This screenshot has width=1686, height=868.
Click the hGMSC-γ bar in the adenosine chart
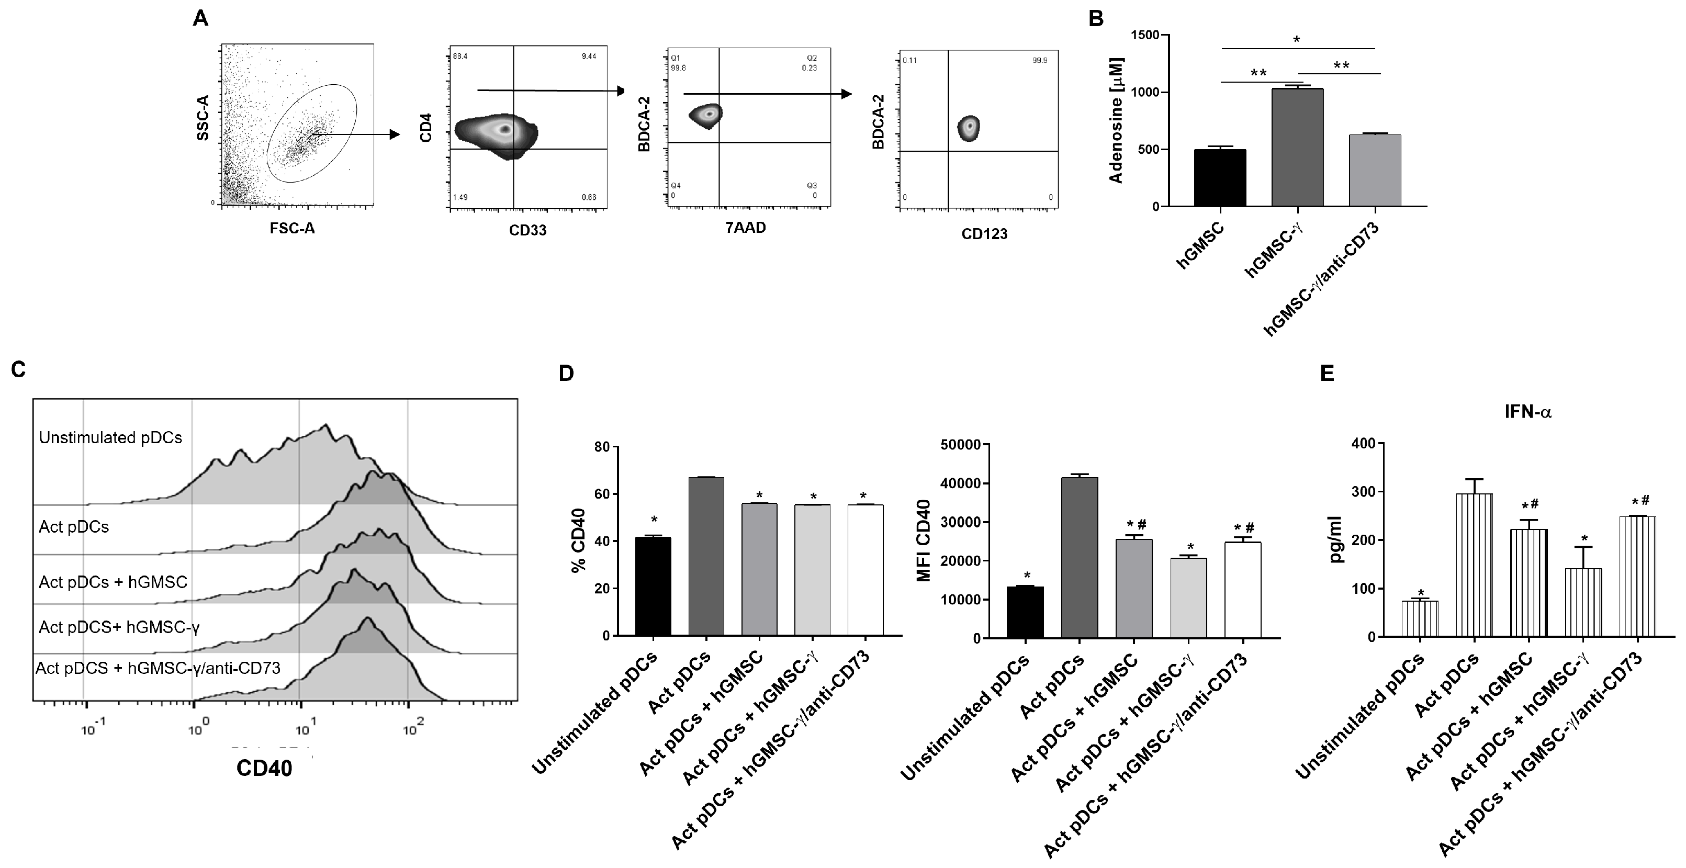(1297, 148)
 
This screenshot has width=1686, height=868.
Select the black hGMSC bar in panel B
(1220, 178)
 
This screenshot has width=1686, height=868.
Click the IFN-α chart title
(1527, 412)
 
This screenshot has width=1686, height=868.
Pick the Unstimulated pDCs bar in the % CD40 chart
(653, 587)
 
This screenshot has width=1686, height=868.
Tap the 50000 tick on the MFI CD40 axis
(961, 445)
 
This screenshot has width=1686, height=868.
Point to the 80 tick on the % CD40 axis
(601, 448)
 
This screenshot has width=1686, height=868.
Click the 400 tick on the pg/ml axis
(1364, 444)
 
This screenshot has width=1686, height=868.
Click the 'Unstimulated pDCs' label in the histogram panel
(110, 437)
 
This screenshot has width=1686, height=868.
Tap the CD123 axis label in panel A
(984, 234)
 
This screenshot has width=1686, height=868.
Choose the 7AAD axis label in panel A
(746, 228)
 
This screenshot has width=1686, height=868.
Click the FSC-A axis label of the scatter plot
(293, 229)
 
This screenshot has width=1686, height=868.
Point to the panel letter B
(1096, 19)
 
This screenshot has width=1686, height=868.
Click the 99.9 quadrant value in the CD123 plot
(1039, 61)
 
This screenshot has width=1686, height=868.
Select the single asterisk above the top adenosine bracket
(1297, 40)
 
